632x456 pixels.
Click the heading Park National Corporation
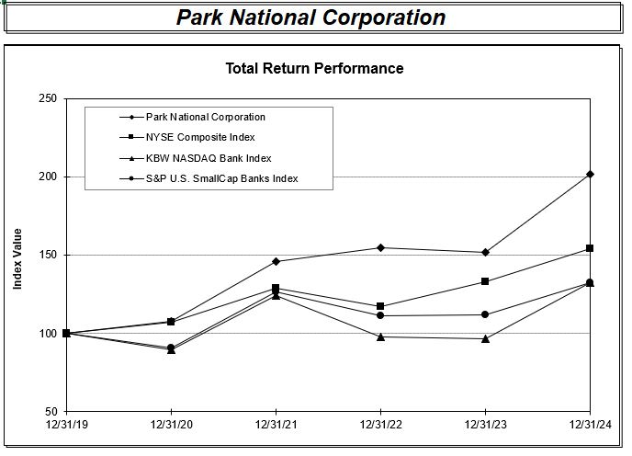click(x=310, y=17)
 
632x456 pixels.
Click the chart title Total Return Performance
click(x=314, y=68)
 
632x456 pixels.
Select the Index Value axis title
click(x=17, y=258)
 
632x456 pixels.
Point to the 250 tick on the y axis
click(x=47, y=98)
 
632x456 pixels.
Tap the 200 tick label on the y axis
click(x=47, y=177)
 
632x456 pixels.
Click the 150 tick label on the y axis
click(x=47, y=255)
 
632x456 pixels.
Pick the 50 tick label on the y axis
click(x=50, y=411)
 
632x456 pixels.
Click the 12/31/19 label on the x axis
click(x=66, y=425)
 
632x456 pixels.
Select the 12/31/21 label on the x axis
click(x=275, y=425)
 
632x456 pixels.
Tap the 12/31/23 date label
click(x=484, y=425)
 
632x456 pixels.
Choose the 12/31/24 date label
click(x=589, y=425)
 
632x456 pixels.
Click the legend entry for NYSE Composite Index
click(x=200, y=137)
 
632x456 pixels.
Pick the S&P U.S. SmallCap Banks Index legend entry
click(x=221, y=178)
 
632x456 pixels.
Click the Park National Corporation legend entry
click(x=205, y=117)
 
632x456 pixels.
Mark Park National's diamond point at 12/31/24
click(x=590, y=174)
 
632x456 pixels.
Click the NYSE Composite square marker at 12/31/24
click(x=590, y=248)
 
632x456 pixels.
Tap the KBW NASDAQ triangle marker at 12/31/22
click(x=380, y=336)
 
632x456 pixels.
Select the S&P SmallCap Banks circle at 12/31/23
click(x=485, y=314)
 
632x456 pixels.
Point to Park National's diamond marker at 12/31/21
click(x=276, y=261)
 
